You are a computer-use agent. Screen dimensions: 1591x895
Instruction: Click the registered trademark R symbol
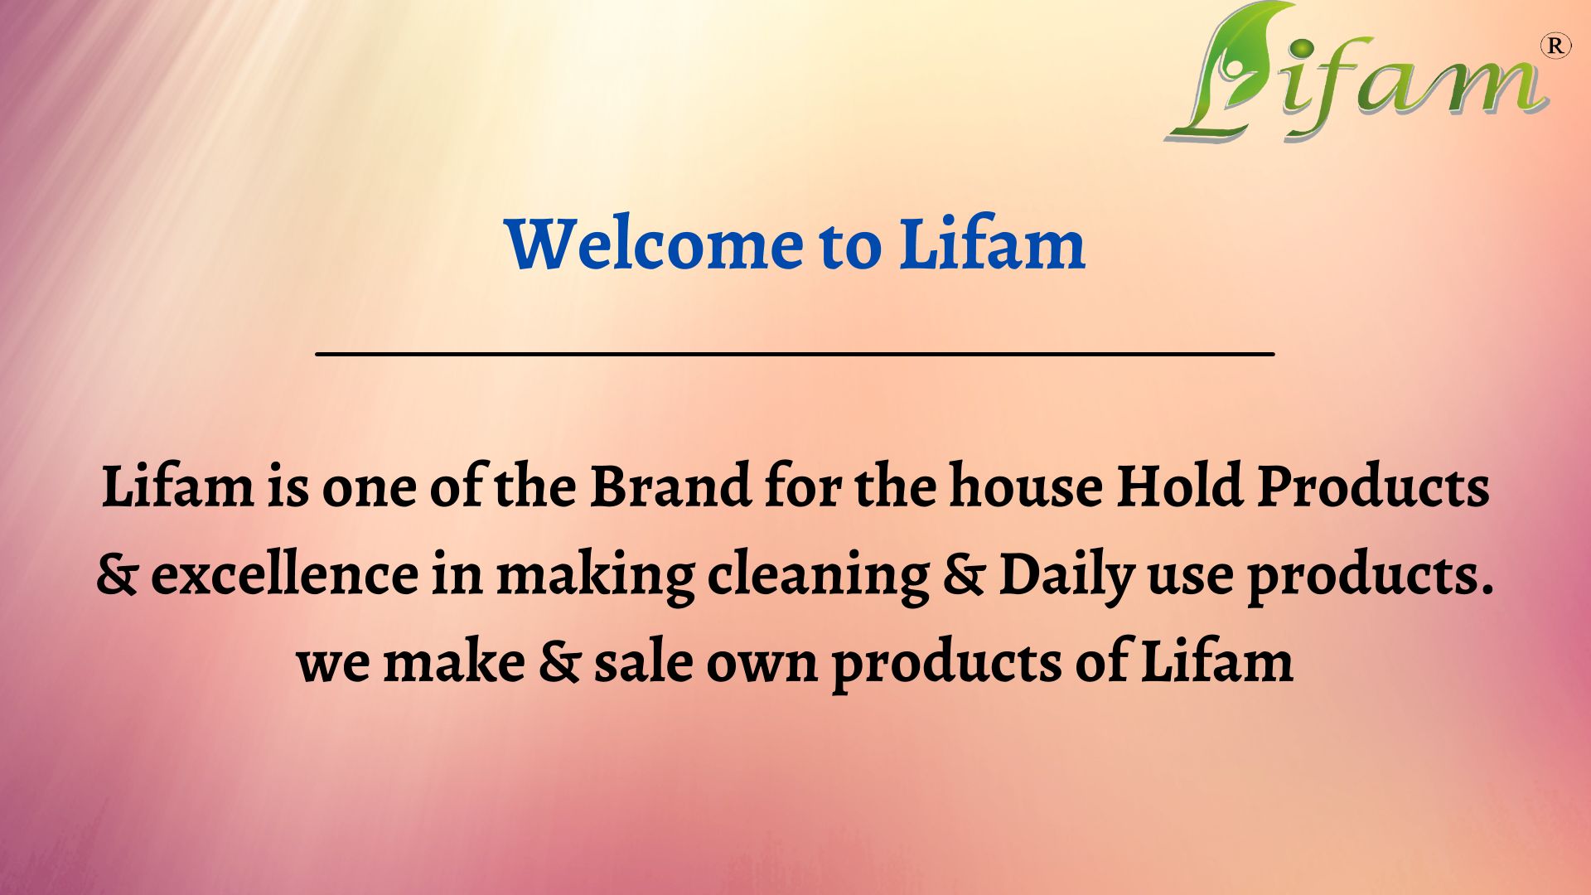[x=1555, y=46]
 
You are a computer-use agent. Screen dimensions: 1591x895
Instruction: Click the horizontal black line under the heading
[x=795, y=354]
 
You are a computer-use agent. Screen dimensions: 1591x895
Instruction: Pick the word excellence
[x=284, y=573]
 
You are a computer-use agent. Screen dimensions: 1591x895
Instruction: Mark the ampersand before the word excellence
[x=116, y=575]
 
